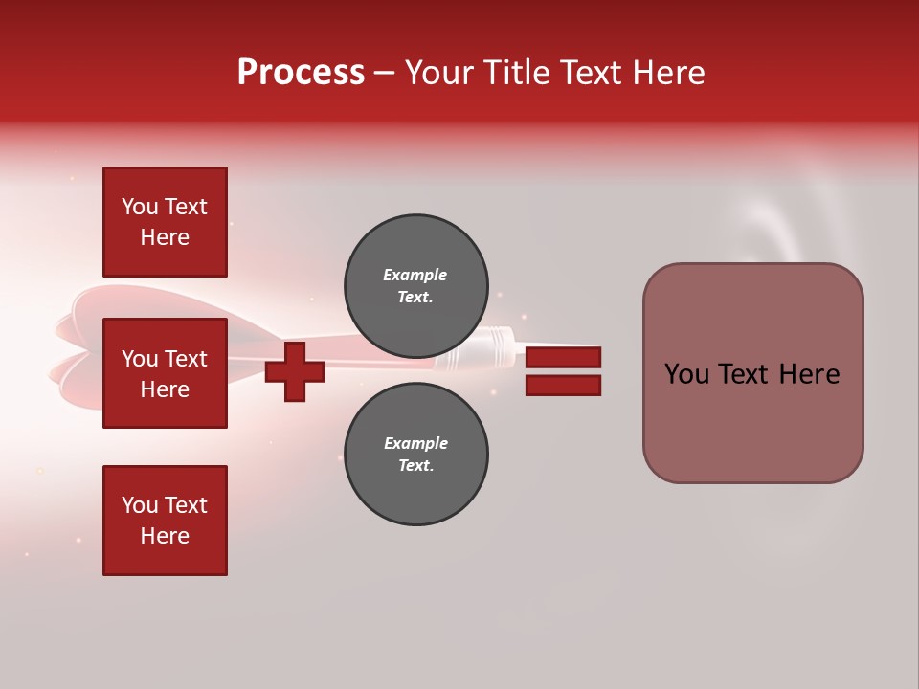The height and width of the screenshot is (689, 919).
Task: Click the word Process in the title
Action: [x=301, y=73]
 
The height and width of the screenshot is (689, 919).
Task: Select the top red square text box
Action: [x=165, y=222]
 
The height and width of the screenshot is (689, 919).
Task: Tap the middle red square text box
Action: [x=165, y=373]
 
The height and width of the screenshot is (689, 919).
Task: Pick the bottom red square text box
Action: [x=165, y=521]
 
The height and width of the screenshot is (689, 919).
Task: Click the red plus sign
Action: [x=295, y=371]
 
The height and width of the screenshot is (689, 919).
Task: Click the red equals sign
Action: [x=563, y=372]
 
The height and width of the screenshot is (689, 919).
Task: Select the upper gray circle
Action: [x=416, y=285]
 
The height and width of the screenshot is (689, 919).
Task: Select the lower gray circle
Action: [x=416, y=454]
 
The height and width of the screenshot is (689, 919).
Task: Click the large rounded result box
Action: [x=752, y=373]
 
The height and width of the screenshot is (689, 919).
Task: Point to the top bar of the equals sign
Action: [x=563, y=358]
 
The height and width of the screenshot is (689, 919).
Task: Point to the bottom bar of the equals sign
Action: [x=563, y=386]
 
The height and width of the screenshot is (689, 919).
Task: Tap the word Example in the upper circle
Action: [x=415, y=275]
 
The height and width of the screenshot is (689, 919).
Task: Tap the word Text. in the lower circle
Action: [x=415, y=465]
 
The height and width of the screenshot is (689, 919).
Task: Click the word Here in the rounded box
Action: [x=809, y=374]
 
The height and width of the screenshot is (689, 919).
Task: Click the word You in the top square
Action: [x=139, y=207]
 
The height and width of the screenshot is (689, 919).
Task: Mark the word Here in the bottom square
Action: [x=165, y=536]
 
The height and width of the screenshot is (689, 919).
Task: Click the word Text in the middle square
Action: [x=185, y=359]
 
